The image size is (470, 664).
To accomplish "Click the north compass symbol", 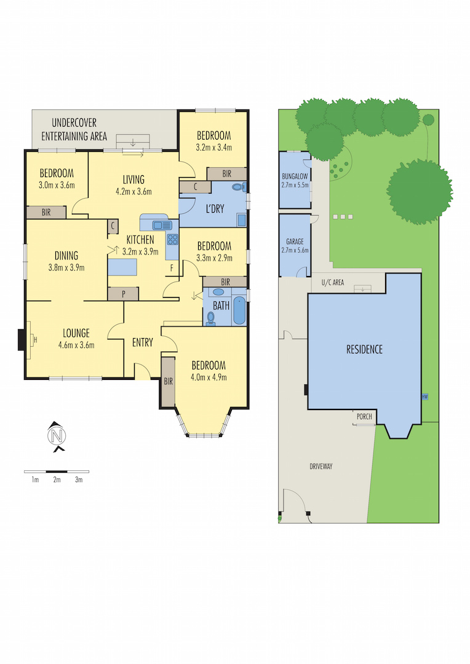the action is click(x=57, y=436).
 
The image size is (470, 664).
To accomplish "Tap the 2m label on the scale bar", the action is click(x=57, y=480).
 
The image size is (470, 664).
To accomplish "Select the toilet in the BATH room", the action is click(x=210, y=318).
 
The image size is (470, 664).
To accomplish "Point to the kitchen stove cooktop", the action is click(x=172, y=239).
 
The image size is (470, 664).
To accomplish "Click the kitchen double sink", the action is click(x=162, y=225).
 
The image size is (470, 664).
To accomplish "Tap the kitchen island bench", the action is click(x=122, y=267).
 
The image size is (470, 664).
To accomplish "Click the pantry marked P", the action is click(x=123, y=294).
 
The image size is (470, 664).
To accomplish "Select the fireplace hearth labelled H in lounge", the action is click(x=30, y=339).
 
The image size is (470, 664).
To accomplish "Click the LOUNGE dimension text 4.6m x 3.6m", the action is click(x=76, y=345).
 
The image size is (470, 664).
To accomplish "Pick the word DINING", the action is click(x=66, y=255).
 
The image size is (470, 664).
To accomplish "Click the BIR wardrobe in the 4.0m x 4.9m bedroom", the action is click(x=168, y=382).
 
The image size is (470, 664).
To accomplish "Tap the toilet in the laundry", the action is click(x=239, y=187).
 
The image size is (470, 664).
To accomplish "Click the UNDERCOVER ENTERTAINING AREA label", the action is click(x=74, y=129).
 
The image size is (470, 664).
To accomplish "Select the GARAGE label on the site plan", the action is click(x=295, y=242).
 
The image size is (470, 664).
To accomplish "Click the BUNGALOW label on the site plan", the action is click(x=295, y=176).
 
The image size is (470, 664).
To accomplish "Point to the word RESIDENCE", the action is click(x=364, y=349).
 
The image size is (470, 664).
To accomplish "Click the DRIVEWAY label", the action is click(x=321, y=466).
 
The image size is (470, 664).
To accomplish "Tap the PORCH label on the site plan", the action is click(x=364, y=416).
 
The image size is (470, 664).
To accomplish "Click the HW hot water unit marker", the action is click(x=424, y=397).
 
